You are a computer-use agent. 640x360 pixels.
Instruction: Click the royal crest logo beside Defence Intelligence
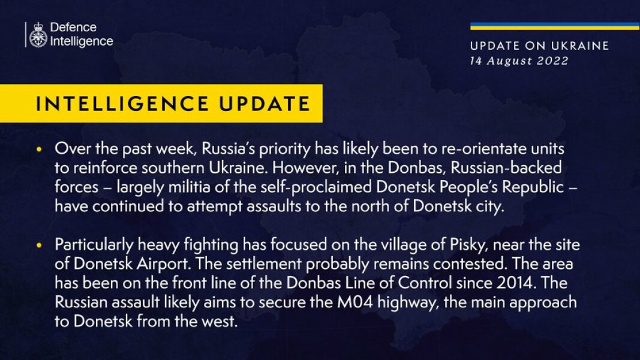click(38, 35)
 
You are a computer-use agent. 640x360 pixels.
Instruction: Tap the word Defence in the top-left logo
click(73, 28)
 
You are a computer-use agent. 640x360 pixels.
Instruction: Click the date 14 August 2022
click(519, 61)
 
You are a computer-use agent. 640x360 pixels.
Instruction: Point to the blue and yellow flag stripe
click(554, 26)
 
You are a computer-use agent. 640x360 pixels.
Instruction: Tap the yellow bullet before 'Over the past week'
click(39, 149)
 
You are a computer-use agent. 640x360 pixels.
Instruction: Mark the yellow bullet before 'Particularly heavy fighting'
click(39, 246)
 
